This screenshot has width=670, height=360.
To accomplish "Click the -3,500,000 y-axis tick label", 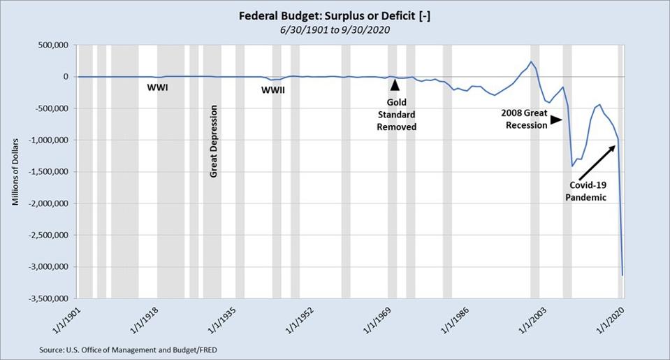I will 48,298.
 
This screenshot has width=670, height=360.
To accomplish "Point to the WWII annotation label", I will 272,90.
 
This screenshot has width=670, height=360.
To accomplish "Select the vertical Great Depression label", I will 214,141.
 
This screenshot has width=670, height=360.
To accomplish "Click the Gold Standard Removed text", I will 396,115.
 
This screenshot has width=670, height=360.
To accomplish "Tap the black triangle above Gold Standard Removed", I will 395,85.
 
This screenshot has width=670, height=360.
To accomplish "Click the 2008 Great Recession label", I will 525,119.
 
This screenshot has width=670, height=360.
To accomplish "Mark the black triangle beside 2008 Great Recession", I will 555,120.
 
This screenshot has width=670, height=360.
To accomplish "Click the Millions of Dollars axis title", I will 15,171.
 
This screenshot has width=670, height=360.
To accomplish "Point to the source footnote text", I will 132,348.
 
